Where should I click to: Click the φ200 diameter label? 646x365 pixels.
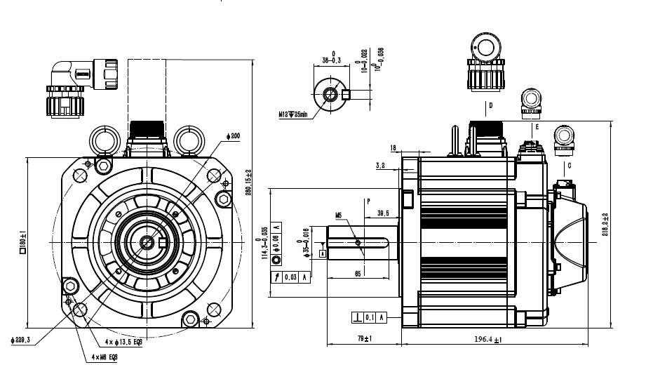[x=233, y=136]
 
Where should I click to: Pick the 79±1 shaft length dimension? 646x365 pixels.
[x=364, y=340]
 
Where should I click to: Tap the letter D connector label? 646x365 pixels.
[x=491, y=106]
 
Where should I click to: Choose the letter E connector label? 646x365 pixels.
[x=537, y=127]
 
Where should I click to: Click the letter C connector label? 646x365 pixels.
[x=569, y=166]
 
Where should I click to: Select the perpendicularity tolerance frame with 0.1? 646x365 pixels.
[x=369, y=317]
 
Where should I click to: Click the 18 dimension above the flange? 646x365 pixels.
[x=393, y=148]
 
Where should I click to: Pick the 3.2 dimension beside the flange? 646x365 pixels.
[x=380, y=166]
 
